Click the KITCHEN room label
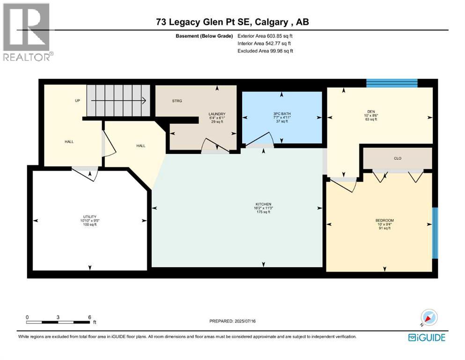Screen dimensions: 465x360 tap(263, 204)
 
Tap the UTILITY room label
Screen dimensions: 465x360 tap(89, 217)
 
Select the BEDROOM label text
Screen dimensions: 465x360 tap(384, 220)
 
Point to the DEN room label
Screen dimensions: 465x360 tap(371, 112)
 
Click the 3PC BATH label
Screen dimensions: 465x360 tap(282, 113)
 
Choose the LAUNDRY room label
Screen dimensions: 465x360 tap(217, 114)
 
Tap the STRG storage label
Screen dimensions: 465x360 tap(177, 101)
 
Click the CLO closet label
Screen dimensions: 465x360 tap(398, 158)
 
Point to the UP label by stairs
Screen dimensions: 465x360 tap(77, 101)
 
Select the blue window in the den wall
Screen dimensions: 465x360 tap(392, 83)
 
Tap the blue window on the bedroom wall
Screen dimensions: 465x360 tap(435, 233)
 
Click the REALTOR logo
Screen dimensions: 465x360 tap(28, 32)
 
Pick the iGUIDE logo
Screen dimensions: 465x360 tap(427, 337)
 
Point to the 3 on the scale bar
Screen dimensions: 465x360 tap(58, 317)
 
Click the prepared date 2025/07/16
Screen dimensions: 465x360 tap(245, 321)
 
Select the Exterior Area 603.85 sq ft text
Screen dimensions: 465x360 tap(265, 36)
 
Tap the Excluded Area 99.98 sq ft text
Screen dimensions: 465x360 tap(265, 51)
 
